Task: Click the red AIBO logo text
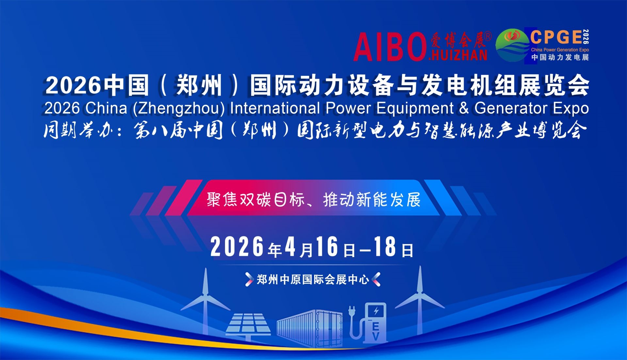390,47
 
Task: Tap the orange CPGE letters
556,37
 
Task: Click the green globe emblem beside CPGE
512,45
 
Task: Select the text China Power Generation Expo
560,50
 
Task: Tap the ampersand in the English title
464,108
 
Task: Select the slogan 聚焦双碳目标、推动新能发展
313,200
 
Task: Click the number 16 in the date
327,247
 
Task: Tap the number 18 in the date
385,247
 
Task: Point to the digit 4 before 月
290,247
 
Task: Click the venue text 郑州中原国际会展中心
313,280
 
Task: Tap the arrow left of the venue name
249,279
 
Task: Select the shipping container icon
310,328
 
